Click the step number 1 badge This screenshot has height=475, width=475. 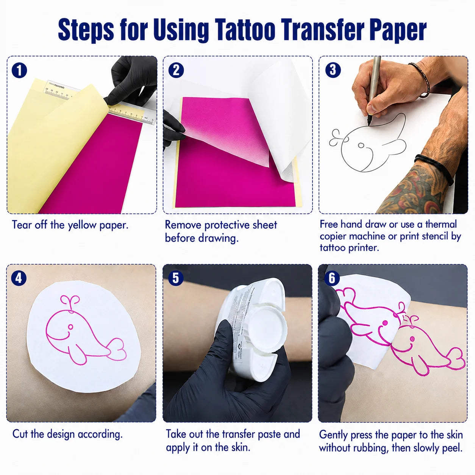point(19,70)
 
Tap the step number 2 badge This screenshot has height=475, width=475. point(176,70)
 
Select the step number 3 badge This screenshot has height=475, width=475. point(333,70)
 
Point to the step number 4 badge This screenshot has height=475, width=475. point(19,278)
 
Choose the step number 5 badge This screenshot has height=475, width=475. point(175,278)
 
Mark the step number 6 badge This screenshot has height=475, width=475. point(332,278)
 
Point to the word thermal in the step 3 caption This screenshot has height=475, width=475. point(441,224)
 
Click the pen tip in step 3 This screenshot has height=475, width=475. point(369,123)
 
